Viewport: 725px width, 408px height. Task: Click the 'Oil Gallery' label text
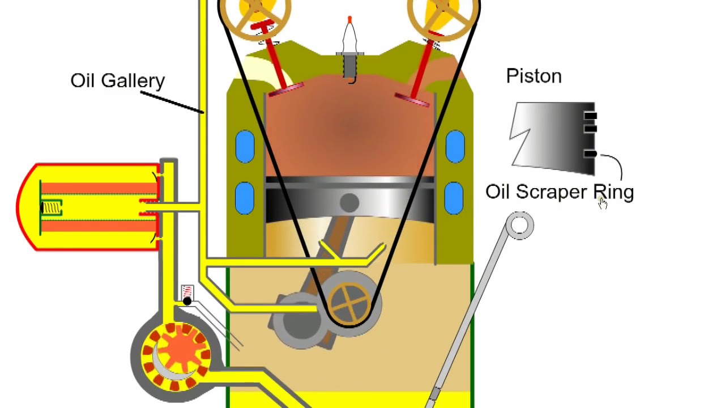click(x=117, y=80)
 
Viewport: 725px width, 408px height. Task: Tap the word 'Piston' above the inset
click(x=534, y=76)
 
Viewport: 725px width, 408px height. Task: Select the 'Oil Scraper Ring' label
click(x=559, y=192)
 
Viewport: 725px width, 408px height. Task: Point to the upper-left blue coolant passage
click(x=245, y=147)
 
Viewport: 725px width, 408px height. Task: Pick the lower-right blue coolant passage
click(x=454, y=197)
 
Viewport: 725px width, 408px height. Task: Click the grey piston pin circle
click(x=349, y=203)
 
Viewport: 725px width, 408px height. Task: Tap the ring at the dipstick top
click(x=519, y=226)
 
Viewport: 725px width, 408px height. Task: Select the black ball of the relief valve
click(x=187, y=301)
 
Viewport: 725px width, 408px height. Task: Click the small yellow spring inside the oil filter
click(x=52, y=209)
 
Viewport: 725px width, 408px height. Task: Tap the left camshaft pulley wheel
click(x=254, y=12)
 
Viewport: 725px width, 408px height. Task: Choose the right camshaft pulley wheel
click(x=443, y=12)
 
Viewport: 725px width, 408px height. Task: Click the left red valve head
click(x=286, y=90)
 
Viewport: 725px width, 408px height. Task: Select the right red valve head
click(x=412, y=100)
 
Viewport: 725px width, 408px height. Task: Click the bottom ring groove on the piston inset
click(x=590, y=154)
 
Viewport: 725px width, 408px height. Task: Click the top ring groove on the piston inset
click(x=590, y=116)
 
